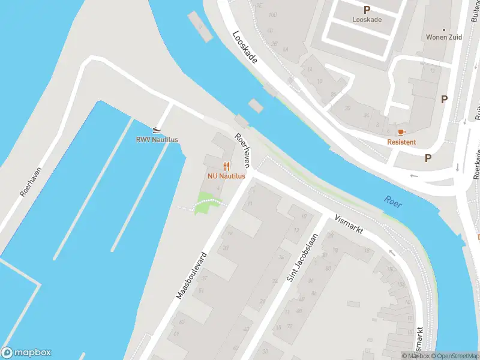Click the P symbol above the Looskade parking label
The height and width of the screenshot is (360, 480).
[367, 10]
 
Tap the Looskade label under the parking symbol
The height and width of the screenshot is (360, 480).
[367, 19]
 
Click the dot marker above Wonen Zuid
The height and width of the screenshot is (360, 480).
[444, 29]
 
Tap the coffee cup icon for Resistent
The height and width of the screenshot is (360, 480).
[401, 131]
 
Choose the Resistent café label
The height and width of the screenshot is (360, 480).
[401, 142]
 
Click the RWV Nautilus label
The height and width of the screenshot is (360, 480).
[157, 140]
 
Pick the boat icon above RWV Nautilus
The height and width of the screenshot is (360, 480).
[157, 130]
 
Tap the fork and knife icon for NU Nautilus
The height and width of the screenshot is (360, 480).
[226, 166]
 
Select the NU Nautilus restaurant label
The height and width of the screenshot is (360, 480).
[226, 176]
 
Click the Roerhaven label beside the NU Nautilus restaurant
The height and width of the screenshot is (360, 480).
[243, 151]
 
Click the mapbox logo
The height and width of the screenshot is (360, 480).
[26, 353]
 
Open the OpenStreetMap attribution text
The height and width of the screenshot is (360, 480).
[455, 356]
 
